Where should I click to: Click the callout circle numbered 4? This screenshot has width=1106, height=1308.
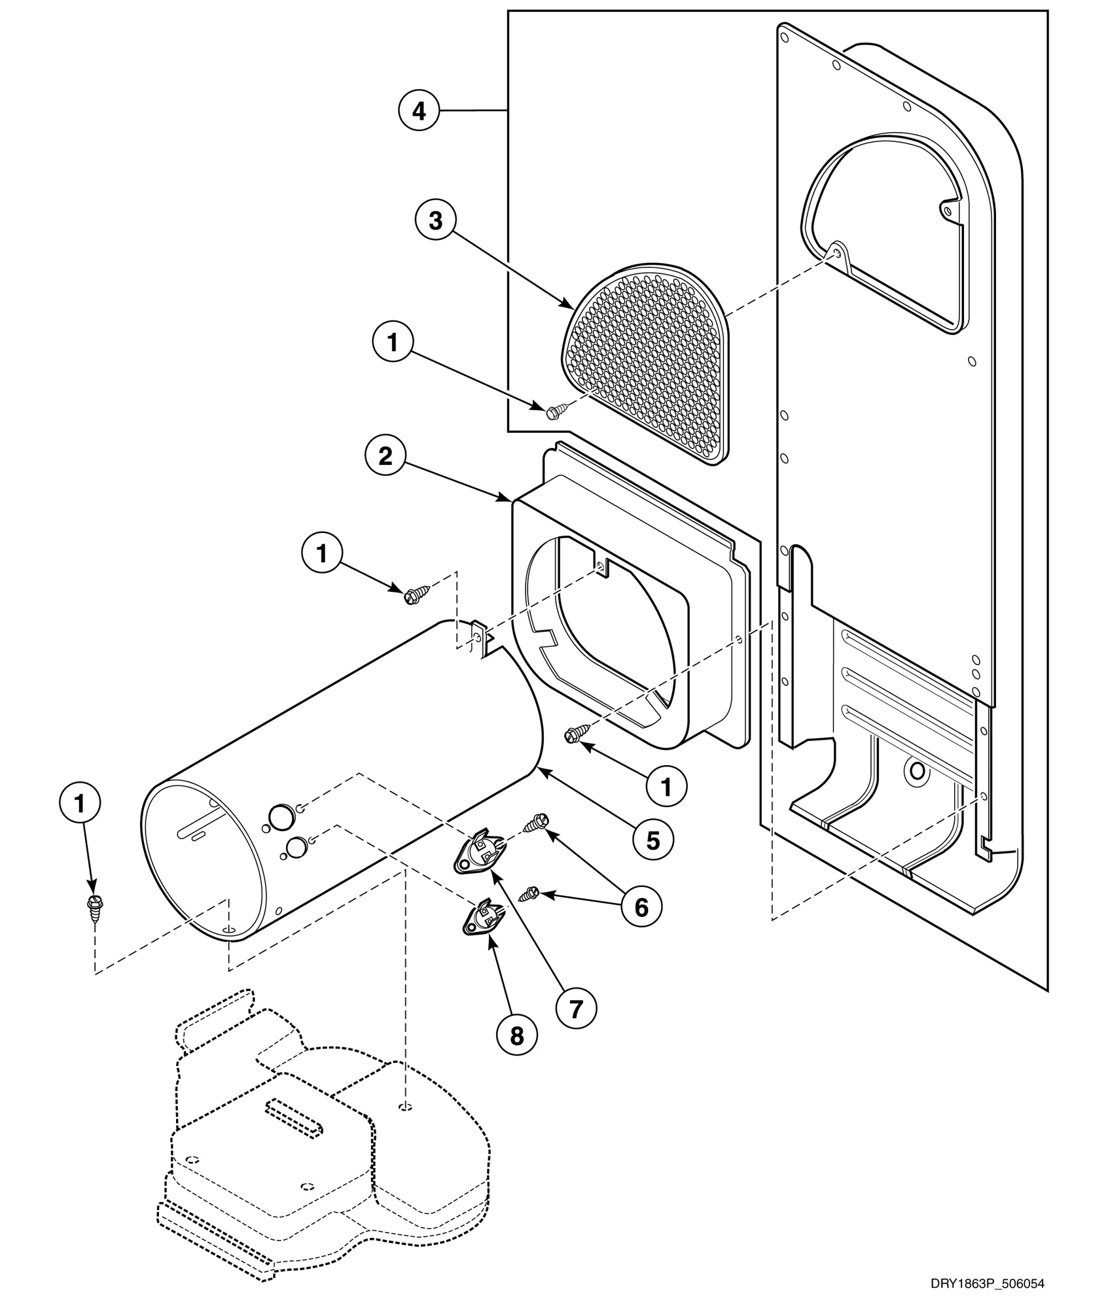(418, 112)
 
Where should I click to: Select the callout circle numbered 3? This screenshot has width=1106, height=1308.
(435, 221)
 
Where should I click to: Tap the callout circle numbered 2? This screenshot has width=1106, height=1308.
(385, 456)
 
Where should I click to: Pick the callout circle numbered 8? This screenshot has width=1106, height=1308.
(517, 1035)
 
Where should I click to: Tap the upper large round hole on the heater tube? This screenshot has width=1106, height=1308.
(278, 814)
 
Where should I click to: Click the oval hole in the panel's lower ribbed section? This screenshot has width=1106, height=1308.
(916, 772)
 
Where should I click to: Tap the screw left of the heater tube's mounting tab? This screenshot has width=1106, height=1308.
(413, 594)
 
